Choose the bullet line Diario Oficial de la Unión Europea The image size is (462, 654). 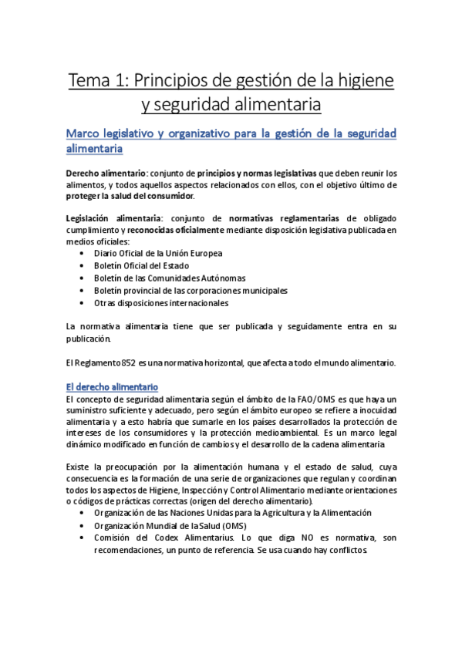point(158,253)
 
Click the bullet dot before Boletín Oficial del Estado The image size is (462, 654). point(83,266)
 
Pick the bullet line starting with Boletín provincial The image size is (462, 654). point(191,291)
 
